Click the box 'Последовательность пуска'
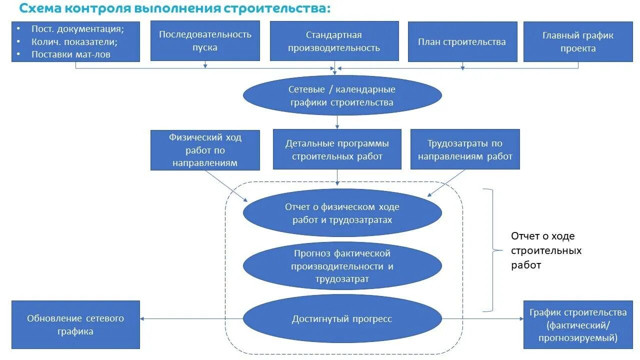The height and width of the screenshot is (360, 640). pos(205,41)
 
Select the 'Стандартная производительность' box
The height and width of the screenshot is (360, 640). pos(334,41)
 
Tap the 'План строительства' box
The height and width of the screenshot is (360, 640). pos(462,41)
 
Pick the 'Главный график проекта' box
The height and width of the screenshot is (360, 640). pos(577,41)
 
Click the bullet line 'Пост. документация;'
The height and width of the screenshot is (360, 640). pos(77,29)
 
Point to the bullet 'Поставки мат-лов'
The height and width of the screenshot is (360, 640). pos(70,54)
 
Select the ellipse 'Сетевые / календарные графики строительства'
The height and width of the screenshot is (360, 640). pos(342,95)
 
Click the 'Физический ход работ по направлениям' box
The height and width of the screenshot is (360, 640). pos(205,149)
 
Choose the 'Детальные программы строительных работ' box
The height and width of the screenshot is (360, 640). pos(337,149)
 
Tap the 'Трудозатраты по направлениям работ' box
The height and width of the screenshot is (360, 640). pos(465,149)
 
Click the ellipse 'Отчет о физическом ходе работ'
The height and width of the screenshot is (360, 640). pos(342,213)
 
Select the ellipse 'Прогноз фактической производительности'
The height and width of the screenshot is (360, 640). pos(342,266)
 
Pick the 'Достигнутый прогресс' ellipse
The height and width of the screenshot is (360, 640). pos(342,318)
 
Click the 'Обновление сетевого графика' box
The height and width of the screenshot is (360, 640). pos(75,324)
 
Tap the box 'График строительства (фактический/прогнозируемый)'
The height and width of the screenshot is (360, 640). pos(577,324)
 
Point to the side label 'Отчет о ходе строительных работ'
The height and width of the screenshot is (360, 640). pos(546,250)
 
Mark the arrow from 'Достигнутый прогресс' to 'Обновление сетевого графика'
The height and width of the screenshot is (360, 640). pos(191,318)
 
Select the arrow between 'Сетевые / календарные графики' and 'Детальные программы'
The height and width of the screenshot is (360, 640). pos(337,122)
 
